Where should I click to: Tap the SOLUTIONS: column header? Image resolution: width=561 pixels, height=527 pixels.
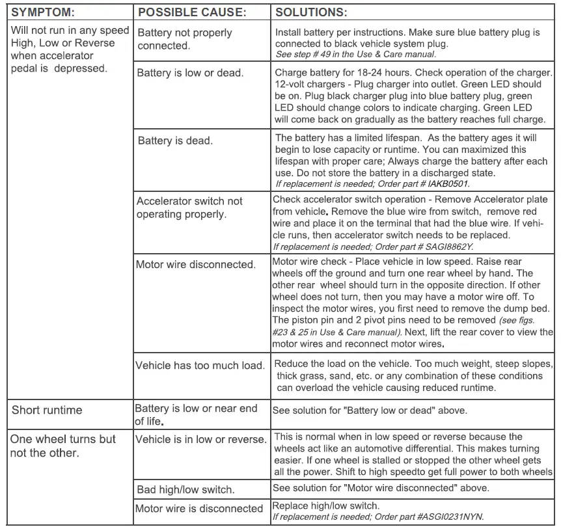pyautogui.click(x=311, y=12)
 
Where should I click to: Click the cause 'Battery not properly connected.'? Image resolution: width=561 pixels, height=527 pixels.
pyautogui.click(x=184, y=39)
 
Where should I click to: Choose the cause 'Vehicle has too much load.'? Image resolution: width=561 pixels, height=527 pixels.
pyautogui.click(x=199, y=366)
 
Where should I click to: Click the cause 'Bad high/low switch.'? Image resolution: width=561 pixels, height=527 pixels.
pyautogui.click(x=185, y=489)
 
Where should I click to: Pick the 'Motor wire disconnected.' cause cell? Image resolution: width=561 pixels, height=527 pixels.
pyautogui.click(x=195, y=265)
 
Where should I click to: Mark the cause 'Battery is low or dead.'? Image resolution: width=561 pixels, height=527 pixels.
pyautogui.click(x=190, y=73)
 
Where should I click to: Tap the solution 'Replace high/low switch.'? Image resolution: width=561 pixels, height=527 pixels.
pyautogui.click(x=325, y=506)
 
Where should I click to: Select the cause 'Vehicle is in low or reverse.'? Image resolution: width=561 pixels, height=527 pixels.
pyautogui.click(x=200, y=439)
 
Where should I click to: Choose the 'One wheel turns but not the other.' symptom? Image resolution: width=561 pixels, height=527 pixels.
pyautogui.click(x=63, y=446)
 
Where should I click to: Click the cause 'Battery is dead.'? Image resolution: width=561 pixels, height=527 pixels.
pyautogui.click(x=175, y=141)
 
